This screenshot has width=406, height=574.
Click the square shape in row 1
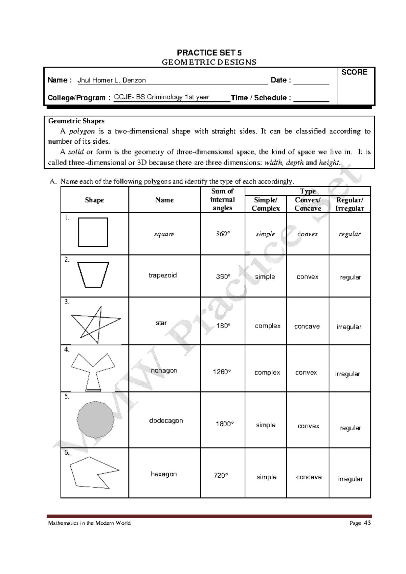[x=93, y=232]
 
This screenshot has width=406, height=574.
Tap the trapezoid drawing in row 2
[x=93, y=274]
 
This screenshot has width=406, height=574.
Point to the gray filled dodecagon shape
[x=95, y=420]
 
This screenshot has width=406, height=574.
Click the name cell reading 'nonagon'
[x=164, y=370]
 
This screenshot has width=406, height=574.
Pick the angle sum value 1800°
[x=225, y=424]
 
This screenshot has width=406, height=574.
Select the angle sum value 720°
[x=221, y=475]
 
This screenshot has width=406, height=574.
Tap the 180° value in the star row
[x=223, y=326]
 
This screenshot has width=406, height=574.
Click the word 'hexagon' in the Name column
[x=164, y=474]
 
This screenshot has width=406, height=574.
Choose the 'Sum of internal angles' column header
[x=222, y=199]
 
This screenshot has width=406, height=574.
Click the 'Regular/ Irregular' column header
[x=349, y=204]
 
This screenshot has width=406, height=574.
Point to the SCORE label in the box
[x=354, y=72]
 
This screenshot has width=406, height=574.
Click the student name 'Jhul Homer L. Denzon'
[x=112, y=80]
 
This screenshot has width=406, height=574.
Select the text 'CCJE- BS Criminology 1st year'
[x=161, y=97]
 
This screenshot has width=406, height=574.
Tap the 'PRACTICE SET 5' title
[x=209, y=53]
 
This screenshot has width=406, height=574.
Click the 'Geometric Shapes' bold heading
[x=76, y=121]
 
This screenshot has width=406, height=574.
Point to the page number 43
[x=367, y=523]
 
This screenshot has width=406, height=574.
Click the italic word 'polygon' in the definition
[x=82, y=131]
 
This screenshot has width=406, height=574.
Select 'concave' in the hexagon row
[x=309, y=477]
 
